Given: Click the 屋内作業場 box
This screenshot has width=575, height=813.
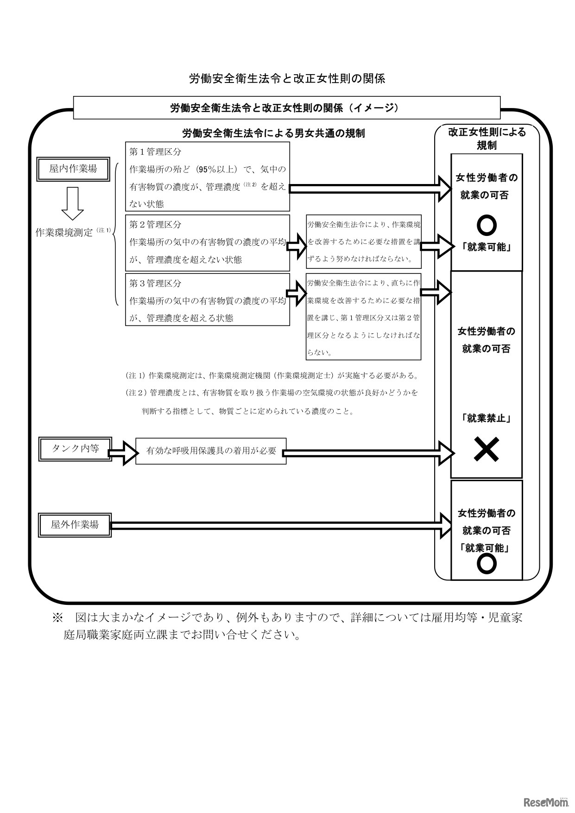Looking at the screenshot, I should tap(73, 169).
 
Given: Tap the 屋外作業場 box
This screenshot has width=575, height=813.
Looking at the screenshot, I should tap(75, 525).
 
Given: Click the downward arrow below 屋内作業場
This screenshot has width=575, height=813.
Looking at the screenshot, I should tap(73, 203).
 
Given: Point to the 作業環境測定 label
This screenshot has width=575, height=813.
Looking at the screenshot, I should tap(65, 233).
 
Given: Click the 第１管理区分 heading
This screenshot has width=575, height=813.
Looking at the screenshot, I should tap(155, 152).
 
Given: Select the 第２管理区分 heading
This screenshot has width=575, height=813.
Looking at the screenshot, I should tap(155, 224).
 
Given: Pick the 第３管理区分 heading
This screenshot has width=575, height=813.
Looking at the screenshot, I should tap(155, 283).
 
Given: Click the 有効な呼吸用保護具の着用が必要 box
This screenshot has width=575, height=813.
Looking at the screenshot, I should tap(211, 451).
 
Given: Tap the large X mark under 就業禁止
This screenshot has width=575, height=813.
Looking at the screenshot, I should tap(487, 450).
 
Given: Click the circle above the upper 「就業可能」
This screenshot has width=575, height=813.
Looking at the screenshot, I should tap(487, 226).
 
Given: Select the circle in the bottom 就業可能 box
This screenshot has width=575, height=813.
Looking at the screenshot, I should tap(487, 564).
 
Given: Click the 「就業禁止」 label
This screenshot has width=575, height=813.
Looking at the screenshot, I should tap(486, 418).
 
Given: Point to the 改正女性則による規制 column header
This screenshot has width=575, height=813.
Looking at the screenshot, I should tap(487, 138).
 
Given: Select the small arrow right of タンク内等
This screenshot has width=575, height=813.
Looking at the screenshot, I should tap(124, 451).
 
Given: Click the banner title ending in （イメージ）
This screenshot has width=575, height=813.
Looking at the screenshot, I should tap(286, 108).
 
